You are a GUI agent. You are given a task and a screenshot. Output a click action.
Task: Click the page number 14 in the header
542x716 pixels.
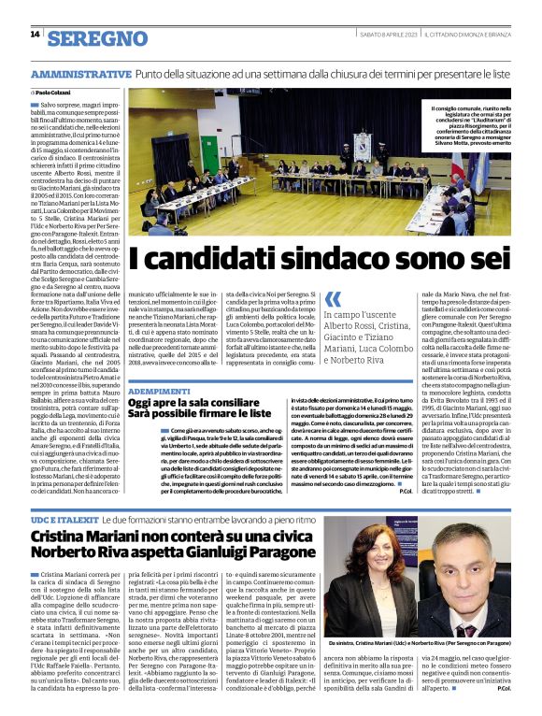tap(36, 35)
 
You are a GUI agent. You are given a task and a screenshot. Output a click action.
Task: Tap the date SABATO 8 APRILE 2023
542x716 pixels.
tap(385, 36)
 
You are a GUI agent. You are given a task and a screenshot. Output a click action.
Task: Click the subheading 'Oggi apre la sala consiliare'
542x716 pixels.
tap(197, 402)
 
